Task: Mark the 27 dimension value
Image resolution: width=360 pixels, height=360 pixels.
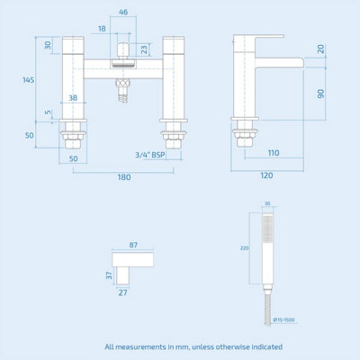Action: pyautogui.click(x=122, y=291)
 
